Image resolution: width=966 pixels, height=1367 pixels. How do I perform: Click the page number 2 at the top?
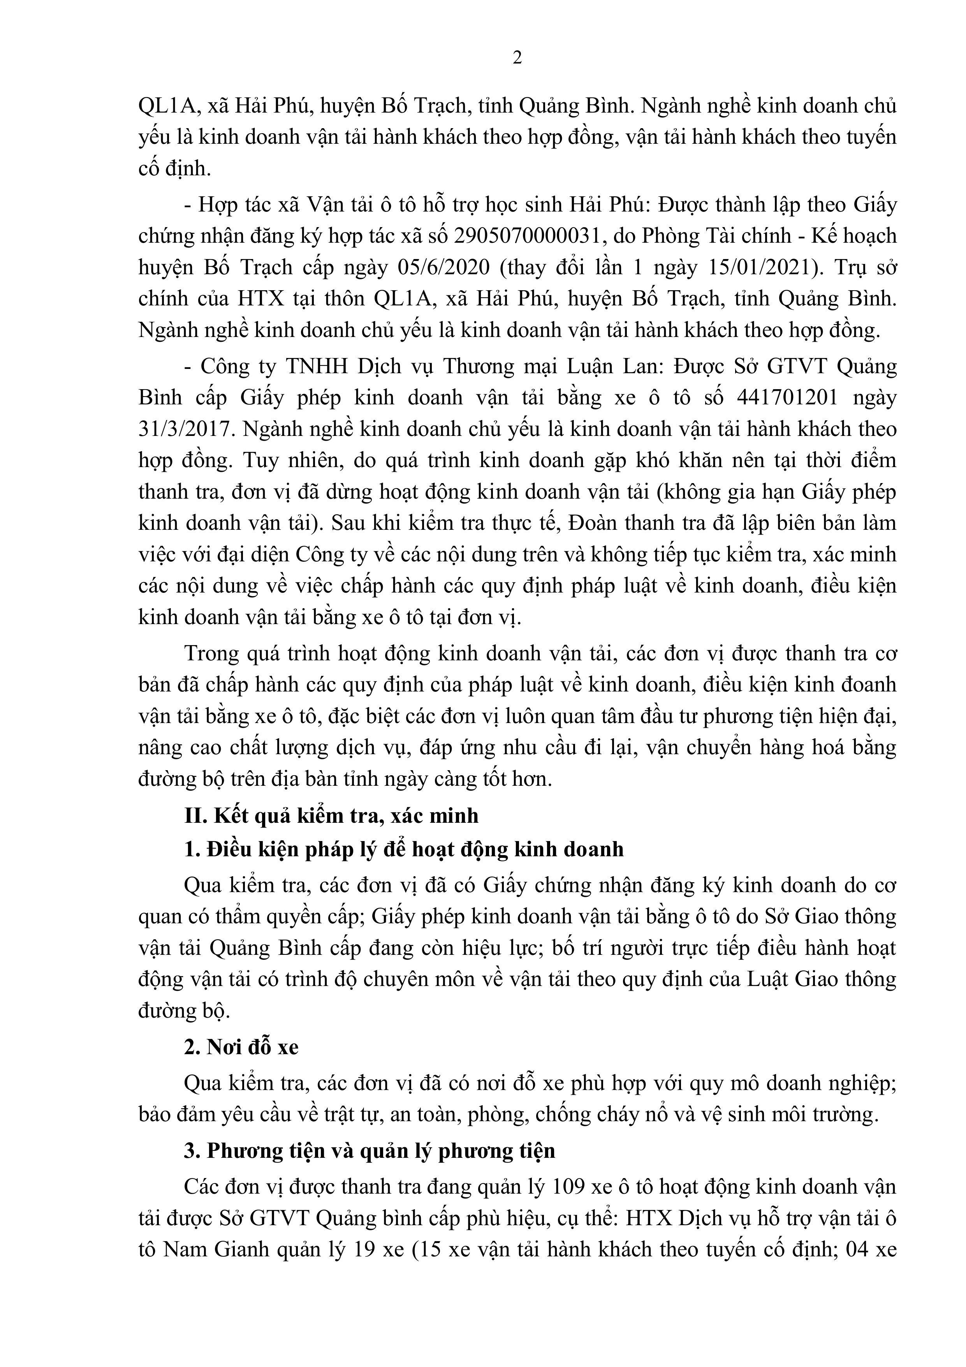coord(517,58)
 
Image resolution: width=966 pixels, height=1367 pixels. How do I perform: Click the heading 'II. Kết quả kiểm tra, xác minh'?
coord(331,815)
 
